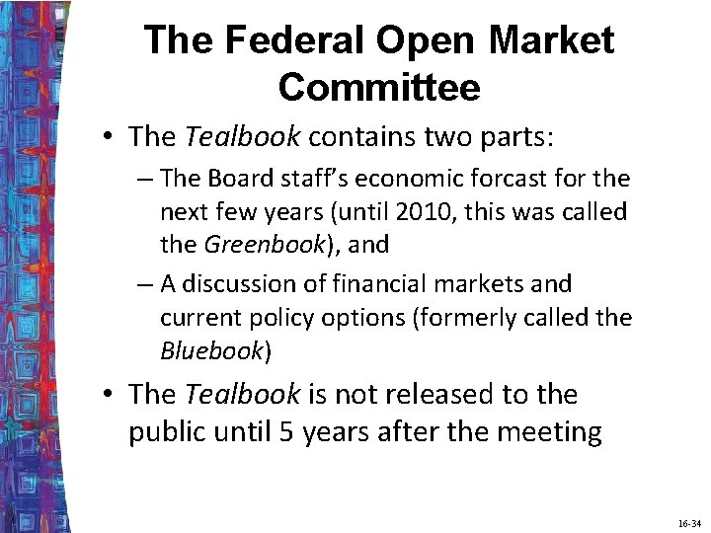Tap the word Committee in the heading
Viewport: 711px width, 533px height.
(379, 87)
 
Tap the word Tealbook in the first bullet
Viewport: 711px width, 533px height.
(242, 137)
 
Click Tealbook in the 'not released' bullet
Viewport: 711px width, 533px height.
(242, 394)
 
